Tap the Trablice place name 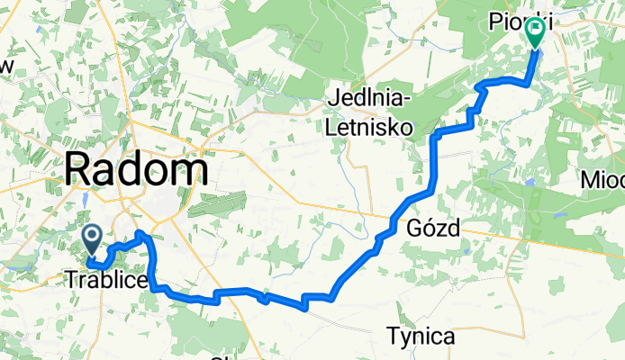point(106,280)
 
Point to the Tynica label point(421,337)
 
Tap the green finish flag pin point(535,34)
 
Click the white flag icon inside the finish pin point(535,30)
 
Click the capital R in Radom point(78,169)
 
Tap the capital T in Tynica point(393,337)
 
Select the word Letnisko point(371,128)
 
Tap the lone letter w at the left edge point(7,67)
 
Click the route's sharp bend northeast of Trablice point(141,234)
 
